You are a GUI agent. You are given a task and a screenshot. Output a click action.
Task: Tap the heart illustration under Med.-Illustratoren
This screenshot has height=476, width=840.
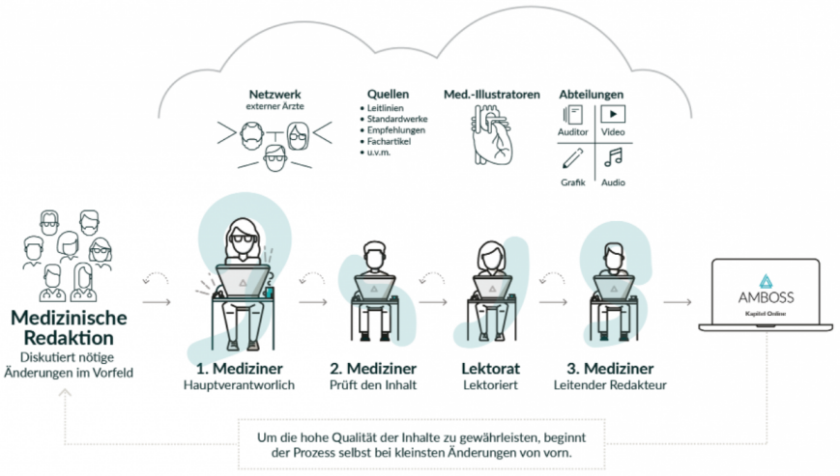point(492,134)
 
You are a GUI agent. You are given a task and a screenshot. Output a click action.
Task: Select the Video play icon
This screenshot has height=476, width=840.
point(613,114)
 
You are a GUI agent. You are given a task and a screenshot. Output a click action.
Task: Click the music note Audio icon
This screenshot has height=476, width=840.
point(614,157)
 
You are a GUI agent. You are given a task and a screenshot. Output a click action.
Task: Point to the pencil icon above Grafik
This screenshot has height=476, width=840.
point(572,159)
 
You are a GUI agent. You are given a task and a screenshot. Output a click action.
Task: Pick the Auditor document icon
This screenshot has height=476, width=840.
point(572,115)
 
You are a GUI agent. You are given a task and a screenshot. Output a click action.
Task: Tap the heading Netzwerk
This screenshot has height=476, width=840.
point(275,94)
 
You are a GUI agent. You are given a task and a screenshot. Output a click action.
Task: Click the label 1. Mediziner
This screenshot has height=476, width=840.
point(240,369)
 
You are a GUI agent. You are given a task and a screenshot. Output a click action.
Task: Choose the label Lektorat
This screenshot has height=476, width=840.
point(491,369)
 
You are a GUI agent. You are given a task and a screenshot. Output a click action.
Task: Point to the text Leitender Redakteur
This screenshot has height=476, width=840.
point(610,385)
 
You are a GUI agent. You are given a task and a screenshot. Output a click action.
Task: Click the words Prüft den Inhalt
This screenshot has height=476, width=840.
point(373,385)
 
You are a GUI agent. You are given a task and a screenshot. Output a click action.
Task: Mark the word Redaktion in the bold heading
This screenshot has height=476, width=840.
point(69,338)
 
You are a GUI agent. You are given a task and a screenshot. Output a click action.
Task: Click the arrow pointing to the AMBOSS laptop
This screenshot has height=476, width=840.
point(678,302)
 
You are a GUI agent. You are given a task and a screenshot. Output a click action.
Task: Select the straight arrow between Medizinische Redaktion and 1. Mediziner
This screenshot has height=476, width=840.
point(157,302)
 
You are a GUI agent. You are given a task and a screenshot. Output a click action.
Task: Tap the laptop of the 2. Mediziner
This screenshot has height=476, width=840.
point(374,287)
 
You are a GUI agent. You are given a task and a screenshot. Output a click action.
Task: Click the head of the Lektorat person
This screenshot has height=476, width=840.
point(491,255)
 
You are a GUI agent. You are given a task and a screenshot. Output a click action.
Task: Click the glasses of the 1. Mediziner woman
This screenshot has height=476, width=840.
point(243,239)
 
